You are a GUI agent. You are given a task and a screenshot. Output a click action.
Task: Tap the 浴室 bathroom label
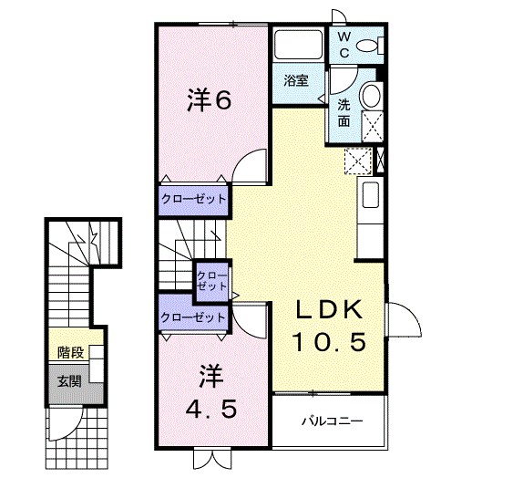[x=295, y=80]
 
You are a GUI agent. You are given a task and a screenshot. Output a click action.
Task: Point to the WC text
[x=345, y=45]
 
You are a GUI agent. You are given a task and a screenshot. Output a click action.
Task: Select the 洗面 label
[x=344, y=111]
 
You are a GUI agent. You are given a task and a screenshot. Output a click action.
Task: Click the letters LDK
[x=329, y=310]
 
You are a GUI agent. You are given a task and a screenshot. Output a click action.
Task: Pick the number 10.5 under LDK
[x=329, y=342]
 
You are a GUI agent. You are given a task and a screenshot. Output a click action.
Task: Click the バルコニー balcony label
[x=333, y=421]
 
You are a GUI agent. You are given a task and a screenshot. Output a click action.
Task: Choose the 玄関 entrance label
[x=69, y=380]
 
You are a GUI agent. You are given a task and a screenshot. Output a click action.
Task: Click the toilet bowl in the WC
[x=369, y=46]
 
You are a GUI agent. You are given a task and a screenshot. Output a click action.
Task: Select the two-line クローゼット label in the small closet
[x=212, y=280]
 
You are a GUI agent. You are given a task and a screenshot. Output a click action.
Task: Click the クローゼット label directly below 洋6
[x=193, y=198]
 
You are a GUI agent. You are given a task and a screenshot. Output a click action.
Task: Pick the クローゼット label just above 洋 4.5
[x=192, y=317]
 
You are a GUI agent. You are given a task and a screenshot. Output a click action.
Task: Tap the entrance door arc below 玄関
[x=64, y=422]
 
